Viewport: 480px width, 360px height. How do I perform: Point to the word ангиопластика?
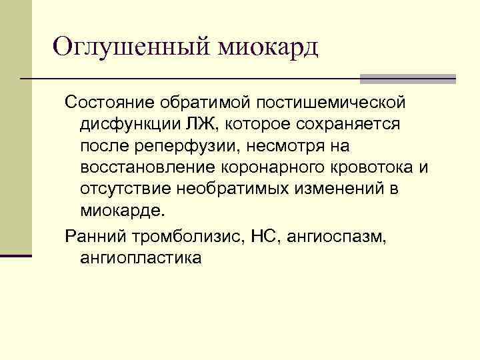[x=140, y=257]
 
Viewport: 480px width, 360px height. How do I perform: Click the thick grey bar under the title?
[x=407, y=79]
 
